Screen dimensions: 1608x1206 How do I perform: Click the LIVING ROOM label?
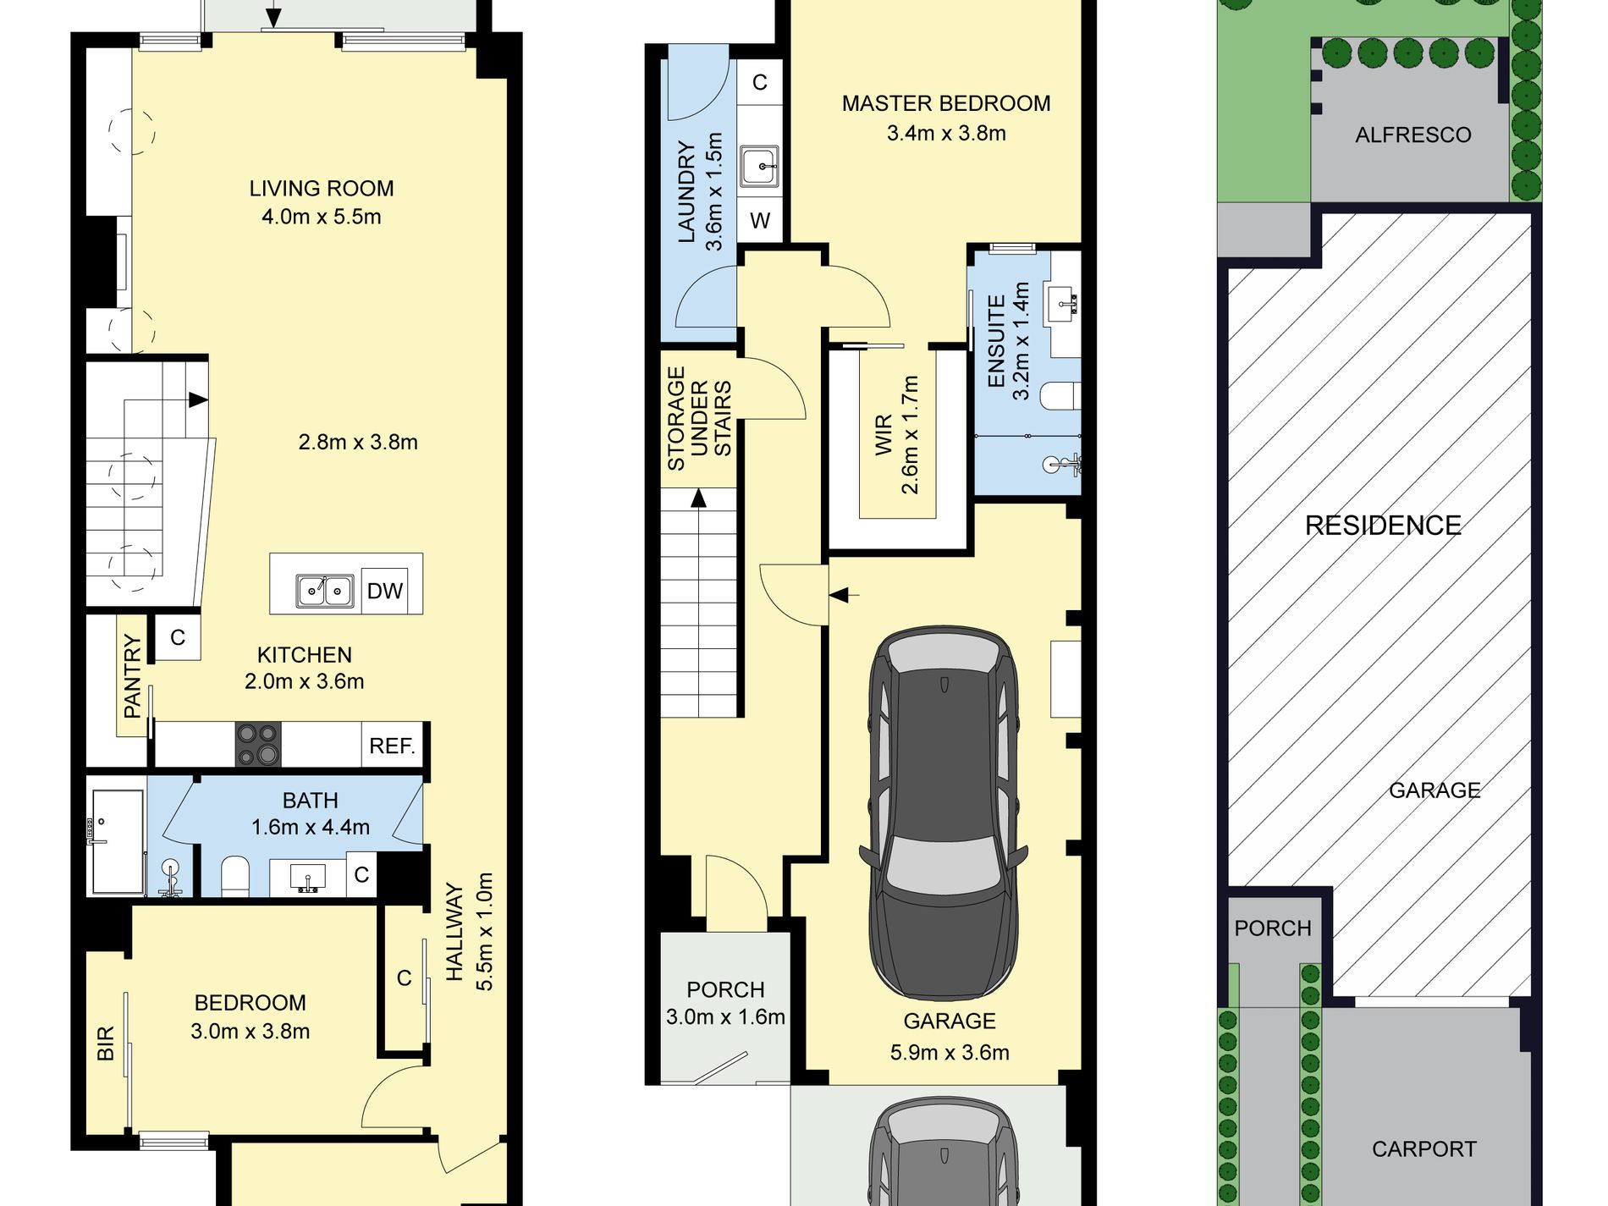pyautogui.click(x=322, y=189)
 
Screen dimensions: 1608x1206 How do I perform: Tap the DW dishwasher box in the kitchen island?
pyautogui.click(x=385, y=590)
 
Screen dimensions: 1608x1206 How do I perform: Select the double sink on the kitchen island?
pyautogui.click(x=325, y=590)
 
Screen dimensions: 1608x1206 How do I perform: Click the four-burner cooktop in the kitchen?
pyautogui.click(x=257, y=744)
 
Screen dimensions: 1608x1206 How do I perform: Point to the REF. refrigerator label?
pyautogui.click(x=392, y=746)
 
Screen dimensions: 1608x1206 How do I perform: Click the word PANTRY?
pyautogui.click(x=132, y=677)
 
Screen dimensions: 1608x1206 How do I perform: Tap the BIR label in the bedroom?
pyautogui.click(x=105, y=1044)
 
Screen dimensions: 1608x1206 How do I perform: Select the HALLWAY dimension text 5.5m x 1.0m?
pyautogui.click(x=484, y=931)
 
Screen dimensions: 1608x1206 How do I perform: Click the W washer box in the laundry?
pyautogui.click(x=760, y=221)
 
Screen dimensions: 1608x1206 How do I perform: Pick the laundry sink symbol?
pyautogui.click(x=759, y=166)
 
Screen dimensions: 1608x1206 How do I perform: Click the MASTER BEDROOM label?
pyautogui.click(x=946, y=103)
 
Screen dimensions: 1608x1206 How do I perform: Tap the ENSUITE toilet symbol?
pyautogui.click(x=1060, y=396)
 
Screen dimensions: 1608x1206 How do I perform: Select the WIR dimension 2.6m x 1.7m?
pyautogui.click(x=910, y=435)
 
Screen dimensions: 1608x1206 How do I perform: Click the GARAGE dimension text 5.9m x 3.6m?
pyautogui.click(x=950, y=1053)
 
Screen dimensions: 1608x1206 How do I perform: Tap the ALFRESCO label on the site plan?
pyautogui.click(x=1413, y=135)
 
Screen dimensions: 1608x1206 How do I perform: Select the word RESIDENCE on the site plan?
pyautogui.click(x=1383, y=526)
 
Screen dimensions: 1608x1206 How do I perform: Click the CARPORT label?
pyautogui.click(x=1424, y=1149)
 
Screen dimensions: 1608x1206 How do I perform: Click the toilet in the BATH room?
pyautogui.click(x=235, y=875)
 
